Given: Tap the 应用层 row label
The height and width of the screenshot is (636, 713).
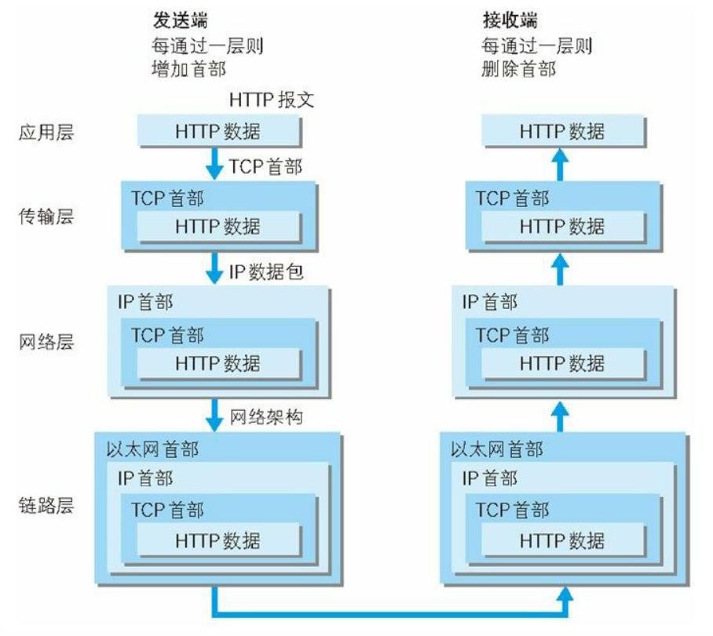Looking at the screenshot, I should pos(46,132).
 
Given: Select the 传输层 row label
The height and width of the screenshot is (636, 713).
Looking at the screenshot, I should pos(46,217).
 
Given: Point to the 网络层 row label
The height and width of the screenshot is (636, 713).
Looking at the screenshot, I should pos(46,343).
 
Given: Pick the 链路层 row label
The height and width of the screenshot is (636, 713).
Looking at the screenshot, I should pos(46,504).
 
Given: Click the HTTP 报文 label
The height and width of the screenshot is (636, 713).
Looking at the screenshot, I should pos(272,100).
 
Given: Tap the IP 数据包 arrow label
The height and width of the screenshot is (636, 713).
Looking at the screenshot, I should pos(266,273).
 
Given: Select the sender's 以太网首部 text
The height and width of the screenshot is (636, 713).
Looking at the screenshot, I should pos(152,449).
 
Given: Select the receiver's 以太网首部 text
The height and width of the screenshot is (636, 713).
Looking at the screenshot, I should pos(497,449).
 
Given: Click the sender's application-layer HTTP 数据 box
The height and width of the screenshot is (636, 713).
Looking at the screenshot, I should pos(218,131).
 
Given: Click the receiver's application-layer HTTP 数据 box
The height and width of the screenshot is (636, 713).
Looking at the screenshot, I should pos(562,131).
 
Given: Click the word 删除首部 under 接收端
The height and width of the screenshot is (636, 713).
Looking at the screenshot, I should pos(518,69).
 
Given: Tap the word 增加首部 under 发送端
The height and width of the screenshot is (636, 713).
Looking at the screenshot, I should pos(188,69).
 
